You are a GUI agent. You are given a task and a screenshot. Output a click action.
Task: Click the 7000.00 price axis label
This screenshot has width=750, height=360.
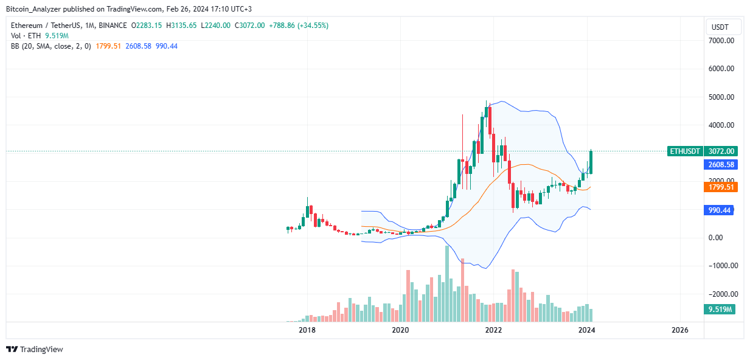pyautogui.click(x=721, y=41)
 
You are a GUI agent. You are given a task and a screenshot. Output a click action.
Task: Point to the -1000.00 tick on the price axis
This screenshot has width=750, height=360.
pyautogui.click(x=720, y=266)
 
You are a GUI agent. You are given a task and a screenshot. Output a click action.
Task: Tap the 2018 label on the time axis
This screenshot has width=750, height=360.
pyautogui.click(x=307, y=330)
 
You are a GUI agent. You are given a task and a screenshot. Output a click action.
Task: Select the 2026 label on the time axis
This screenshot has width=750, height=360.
pyautogui.click(x=679, y=330)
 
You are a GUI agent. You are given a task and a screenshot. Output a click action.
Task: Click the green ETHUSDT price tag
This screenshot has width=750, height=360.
pyautogui.click(x=685, y=151)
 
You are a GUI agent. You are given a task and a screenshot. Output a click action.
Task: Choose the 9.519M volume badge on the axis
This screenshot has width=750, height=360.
pyautogui.click(x=721, y=310)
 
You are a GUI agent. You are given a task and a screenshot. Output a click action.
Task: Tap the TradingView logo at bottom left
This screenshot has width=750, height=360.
pyautogui.click(x=35, y=349)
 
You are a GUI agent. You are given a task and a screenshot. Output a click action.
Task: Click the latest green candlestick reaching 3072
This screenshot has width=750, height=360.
pyautogui.click(x=591, y=162)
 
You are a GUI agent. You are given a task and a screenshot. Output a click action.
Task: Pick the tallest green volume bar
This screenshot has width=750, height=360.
pyautogui.click(x=447, y=283)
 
